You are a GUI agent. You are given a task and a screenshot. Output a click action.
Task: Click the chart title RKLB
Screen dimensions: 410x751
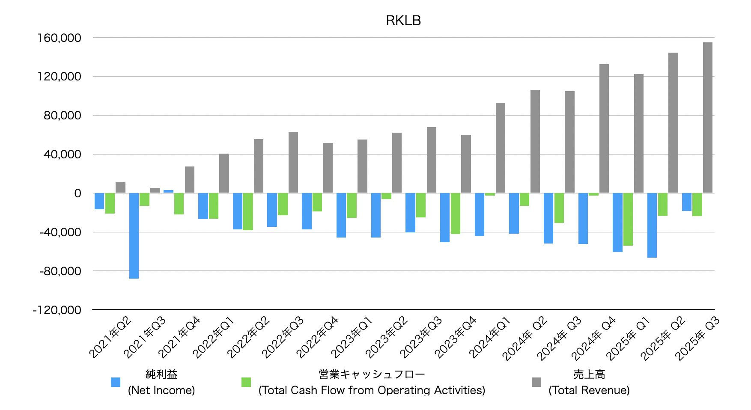click(x=403, y=21)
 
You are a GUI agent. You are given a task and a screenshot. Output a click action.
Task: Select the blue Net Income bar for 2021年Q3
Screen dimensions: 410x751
click(x=134, y=235)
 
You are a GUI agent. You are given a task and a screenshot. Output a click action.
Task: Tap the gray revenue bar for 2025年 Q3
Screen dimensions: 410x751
click(x=707, y=118)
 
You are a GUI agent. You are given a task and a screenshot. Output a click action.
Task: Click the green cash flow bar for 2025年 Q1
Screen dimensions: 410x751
click(x=628, y=219)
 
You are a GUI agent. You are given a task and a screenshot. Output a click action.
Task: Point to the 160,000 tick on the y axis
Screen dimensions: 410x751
click(x=59, y=38)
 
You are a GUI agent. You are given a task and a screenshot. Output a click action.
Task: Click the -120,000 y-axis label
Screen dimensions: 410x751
click(x=57, y=310)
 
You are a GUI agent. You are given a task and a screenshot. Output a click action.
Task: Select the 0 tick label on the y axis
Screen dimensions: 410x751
click(x=77, y=193)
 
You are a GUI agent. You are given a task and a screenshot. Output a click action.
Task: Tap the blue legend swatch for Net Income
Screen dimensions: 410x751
click(x=116, y=382)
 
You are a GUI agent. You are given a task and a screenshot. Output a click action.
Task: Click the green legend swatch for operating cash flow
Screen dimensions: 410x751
click(x=246, y=382)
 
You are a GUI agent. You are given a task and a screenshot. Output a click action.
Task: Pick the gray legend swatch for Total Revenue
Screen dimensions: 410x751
click(x=536, y=382)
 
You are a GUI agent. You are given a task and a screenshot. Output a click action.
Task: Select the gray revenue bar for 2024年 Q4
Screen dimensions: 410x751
click(x=604, y=128)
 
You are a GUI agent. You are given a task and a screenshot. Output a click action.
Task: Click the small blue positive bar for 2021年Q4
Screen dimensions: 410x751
click(x=168, y=191)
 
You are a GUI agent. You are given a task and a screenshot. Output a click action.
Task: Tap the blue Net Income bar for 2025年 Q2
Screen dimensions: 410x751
click(x=652, y=225)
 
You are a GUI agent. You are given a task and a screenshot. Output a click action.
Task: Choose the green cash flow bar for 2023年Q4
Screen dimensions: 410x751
click(x=455, y=214)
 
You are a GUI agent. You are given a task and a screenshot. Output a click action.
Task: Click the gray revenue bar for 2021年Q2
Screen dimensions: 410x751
click(x=120, y=187)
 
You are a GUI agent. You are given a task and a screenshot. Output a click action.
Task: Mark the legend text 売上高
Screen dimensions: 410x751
click(x=589, y=374)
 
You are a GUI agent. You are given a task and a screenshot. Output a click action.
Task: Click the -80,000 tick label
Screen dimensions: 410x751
click(x=60, y=271)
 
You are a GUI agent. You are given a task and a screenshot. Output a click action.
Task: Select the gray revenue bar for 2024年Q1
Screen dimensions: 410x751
click(x=500, y=148)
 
